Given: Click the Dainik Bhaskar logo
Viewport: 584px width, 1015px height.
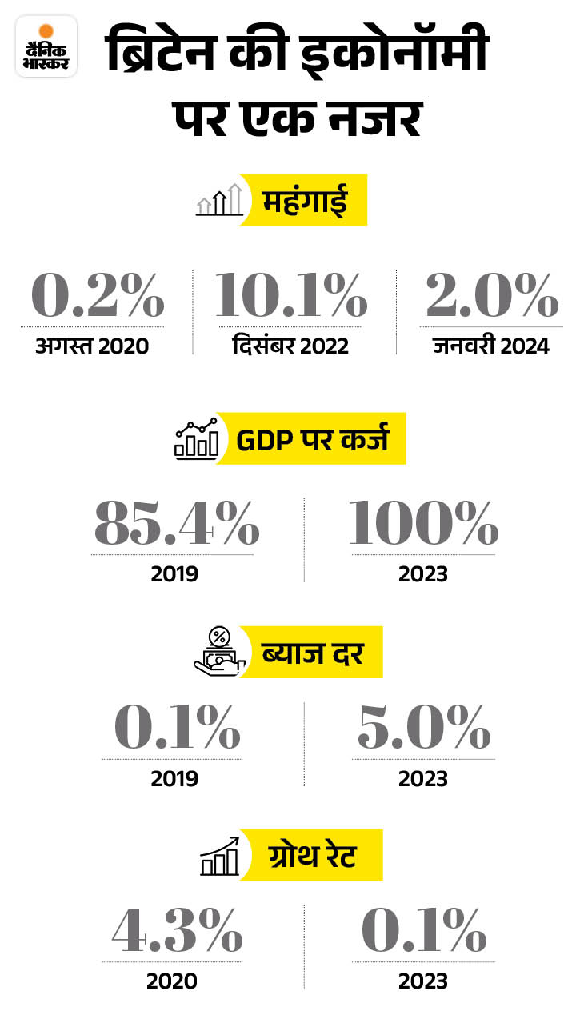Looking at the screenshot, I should click(x=46, y=46).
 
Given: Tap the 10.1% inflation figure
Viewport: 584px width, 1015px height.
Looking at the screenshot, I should click(x=290, y=296).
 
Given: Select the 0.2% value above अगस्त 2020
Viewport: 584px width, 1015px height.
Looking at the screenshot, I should click(x=98, y=296).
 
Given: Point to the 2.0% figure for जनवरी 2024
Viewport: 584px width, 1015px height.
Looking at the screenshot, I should click(x=491, y=296).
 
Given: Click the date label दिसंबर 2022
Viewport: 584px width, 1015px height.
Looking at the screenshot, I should click(x=290, y=346).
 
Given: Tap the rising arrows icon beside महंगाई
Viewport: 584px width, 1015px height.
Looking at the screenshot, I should click(x=220, y=200).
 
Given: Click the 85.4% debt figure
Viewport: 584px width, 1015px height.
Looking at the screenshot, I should click(x=176, y=525).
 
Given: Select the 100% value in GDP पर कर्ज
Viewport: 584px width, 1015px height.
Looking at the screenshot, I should click(x=423, y=525).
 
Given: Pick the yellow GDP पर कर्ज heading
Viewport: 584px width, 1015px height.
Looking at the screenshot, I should click(x=312, y=438).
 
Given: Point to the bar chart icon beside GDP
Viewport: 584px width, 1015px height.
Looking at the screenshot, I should click(x=197, y=438).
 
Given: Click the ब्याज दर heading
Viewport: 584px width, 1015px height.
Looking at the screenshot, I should click(x=312, y=652).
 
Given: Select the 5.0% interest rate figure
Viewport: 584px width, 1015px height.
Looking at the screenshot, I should click(x=423, y=729).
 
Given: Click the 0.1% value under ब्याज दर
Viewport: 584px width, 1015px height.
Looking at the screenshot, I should click(x=176, y=729).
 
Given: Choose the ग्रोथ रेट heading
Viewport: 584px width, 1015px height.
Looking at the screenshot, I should click(x=312, y=855).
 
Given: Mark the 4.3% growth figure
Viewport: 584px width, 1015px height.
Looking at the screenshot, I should click(x=176, y=932).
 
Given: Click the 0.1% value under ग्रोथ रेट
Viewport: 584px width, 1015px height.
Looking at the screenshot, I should click(x=423, y=932).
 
